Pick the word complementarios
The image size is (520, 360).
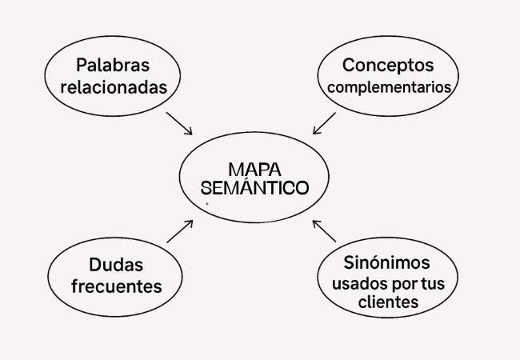(387, 86)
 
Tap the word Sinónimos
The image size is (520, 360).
(387, 262)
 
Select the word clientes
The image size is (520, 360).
(387, 303)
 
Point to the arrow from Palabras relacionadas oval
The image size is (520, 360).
(180, 123)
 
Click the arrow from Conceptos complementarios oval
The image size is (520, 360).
(324, 123)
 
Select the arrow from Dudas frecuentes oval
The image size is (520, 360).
(180, 230)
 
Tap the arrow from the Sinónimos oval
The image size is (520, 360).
(324, 230)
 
